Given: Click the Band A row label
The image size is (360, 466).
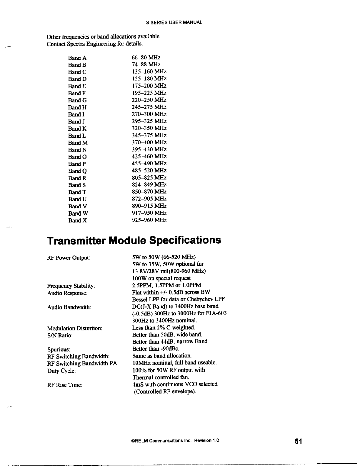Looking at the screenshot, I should click(77, 58).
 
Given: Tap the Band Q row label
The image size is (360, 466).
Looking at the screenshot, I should click(77, 171).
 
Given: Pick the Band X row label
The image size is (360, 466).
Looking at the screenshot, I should click(77, 220).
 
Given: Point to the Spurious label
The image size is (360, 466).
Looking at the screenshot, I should click(59, 350).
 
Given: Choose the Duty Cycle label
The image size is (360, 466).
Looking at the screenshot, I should click(61, 371).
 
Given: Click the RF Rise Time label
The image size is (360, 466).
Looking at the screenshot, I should click(64, 385).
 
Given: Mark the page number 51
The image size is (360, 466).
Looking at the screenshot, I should click(299, 441).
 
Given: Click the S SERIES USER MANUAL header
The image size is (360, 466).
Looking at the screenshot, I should click(174, 23).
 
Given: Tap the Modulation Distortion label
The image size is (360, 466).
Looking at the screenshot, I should click(75, 328).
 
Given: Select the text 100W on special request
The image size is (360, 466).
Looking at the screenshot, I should click(161, 278).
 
